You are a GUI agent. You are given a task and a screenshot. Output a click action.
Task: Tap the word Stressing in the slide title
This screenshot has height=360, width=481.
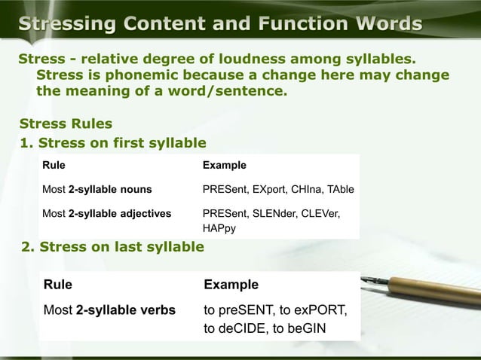(69, 24)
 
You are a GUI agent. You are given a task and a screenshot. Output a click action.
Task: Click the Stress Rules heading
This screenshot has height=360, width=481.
(66, 124)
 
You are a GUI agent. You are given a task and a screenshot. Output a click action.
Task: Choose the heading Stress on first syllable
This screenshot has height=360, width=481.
(121, 142)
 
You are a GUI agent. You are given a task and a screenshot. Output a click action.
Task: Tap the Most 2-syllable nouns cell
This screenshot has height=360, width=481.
(97, 189)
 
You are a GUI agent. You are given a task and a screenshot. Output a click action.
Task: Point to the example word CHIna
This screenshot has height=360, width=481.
(301, 189)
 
